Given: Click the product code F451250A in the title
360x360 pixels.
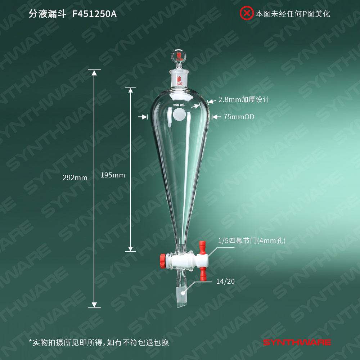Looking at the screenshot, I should coord(94,14).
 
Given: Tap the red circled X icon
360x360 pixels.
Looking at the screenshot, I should coord(247,14).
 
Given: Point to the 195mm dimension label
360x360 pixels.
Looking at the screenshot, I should coord(113,175).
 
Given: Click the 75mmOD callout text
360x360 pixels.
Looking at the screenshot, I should coord(239,117).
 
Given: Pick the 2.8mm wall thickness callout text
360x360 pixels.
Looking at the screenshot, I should coord(244,99).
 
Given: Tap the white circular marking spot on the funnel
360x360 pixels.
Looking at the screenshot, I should coord(179,115).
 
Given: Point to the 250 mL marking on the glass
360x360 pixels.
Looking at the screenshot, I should coord(179,105).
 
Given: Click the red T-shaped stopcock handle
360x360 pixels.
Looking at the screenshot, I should coord(203,261).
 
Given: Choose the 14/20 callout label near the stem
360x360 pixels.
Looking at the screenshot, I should coord(225,281).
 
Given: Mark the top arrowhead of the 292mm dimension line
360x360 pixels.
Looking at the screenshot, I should coord(94,72).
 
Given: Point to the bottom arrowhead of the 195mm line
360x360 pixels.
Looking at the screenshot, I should coord(131,249).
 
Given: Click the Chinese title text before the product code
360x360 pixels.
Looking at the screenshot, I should coord(48,14).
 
